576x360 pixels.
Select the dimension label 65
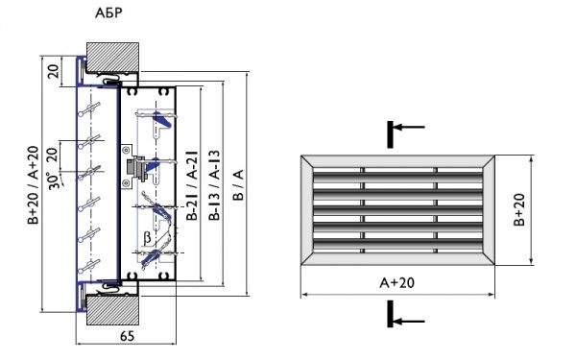pyautogui.click(x=128, y=338)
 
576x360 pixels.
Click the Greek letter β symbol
pyautogui.click(x=146, y=234)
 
